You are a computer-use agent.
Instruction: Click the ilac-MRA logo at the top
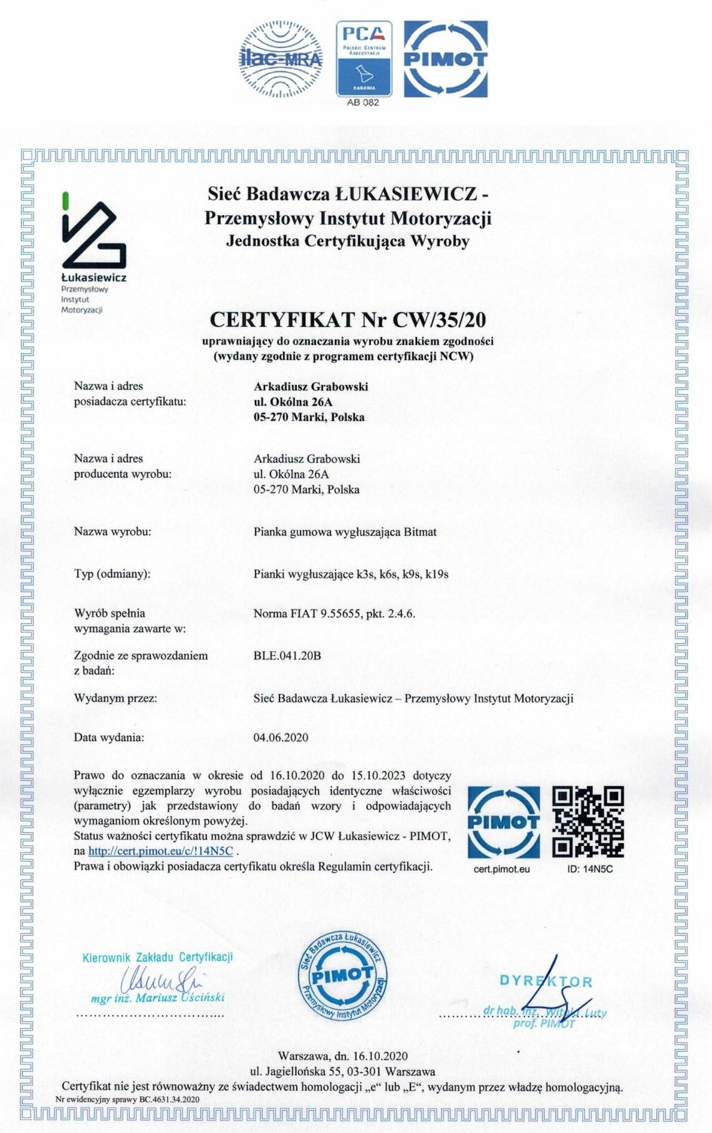pos(281,59)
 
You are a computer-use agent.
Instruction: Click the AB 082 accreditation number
pos(363,103)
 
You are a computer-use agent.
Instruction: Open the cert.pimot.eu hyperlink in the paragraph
pos(160,851)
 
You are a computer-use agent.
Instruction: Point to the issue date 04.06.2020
pos(281,737)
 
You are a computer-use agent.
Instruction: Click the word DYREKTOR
pos(546,981)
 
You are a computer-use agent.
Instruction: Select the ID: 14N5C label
pos(590,869)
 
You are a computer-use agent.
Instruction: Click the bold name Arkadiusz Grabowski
pos(310,387)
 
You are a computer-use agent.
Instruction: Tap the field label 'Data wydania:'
pos(109,737)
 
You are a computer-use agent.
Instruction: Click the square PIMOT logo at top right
pos(445,59)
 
